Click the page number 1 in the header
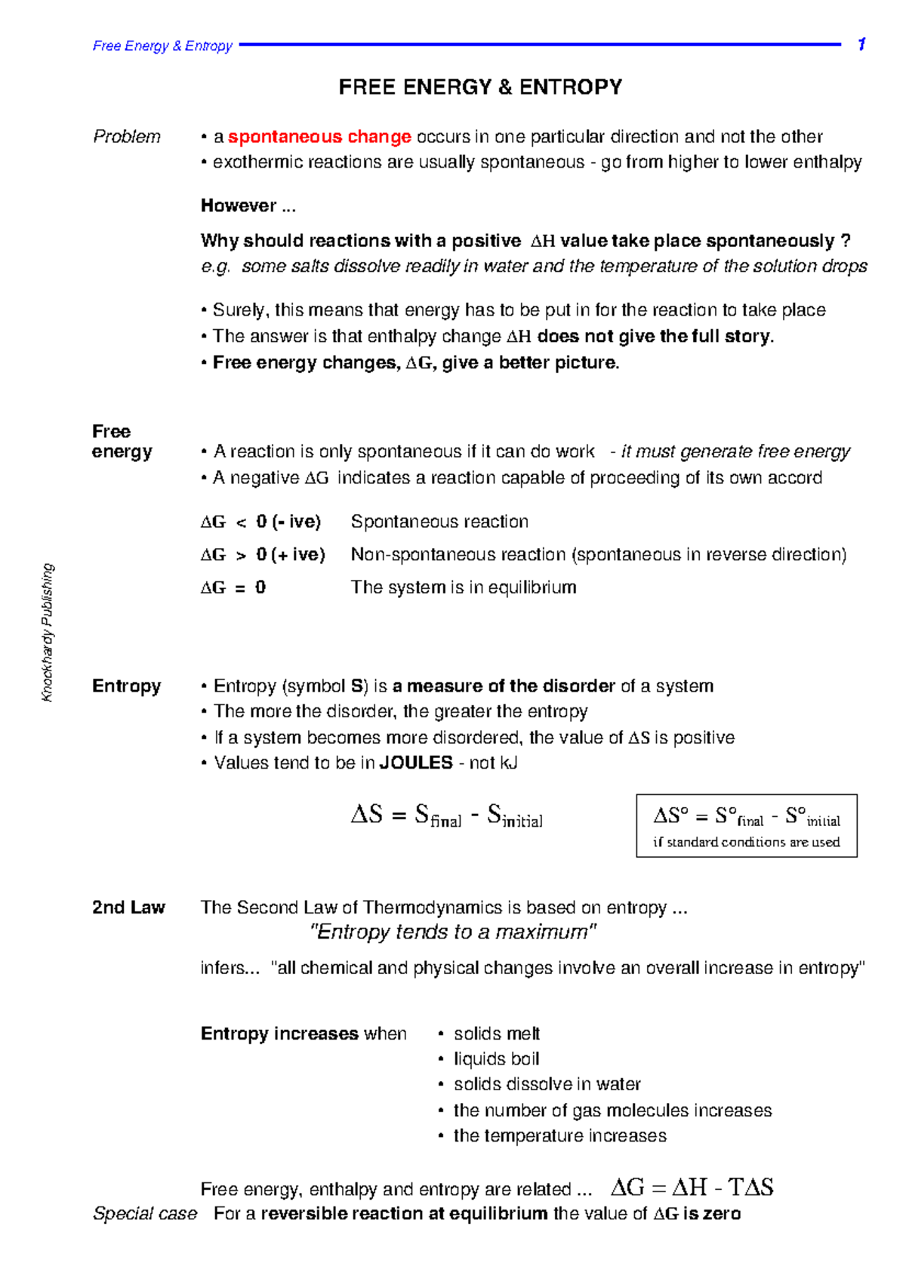(861, 45)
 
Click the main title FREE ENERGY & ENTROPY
(480, 88)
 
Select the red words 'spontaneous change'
(319, 137)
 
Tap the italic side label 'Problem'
(127, 137)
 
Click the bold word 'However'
(239, 206)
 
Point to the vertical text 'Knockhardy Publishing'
(48, 633)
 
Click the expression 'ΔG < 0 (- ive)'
(261, 522)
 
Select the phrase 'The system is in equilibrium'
(464, 587)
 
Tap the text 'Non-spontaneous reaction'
(459, 555)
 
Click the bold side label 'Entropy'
(127, 686)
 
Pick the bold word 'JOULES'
(416, 763)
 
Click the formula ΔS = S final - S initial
(447, 815)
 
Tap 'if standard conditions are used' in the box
(746, 843)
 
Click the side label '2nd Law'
(128, 908)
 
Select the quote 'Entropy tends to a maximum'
(453, 932)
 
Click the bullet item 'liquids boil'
(496, 1059)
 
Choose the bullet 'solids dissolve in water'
(547, 1085)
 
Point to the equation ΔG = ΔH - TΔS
(692, 1188)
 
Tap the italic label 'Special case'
(145, 1214)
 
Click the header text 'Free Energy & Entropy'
(162, 46)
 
